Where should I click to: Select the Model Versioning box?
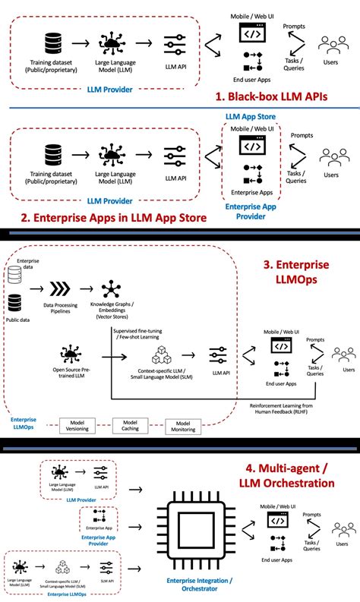pyautogui.click(x=78, y=426)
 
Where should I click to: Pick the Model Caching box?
pyautogui.click(x=130, y=426)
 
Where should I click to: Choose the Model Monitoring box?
pyautogui.click(x=182, y=426)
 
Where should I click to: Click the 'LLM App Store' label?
pyautogui.click(x=250, y=115)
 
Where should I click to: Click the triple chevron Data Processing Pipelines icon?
pyautogui.click(x=59, y=289)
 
